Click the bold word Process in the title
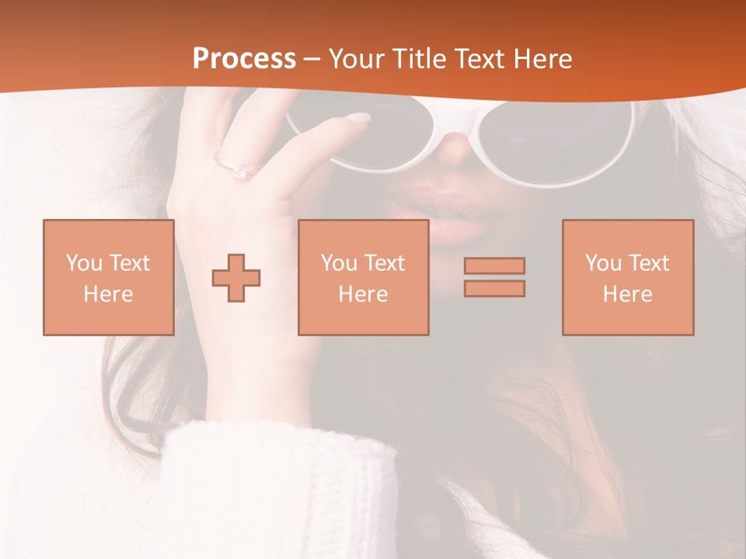click(244, 59)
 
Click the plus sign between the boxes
click(236, 278)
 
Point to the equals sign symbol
click(494, 277)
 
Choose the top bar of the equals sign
click(494, 266)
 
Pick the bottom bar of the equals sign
click(494, 289)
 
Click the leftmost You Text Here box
click(109, 278)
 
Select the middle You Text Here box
click(363, 278)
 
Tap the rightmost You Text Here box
click(627, 278)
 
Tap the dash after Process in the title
click(312, 59)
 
